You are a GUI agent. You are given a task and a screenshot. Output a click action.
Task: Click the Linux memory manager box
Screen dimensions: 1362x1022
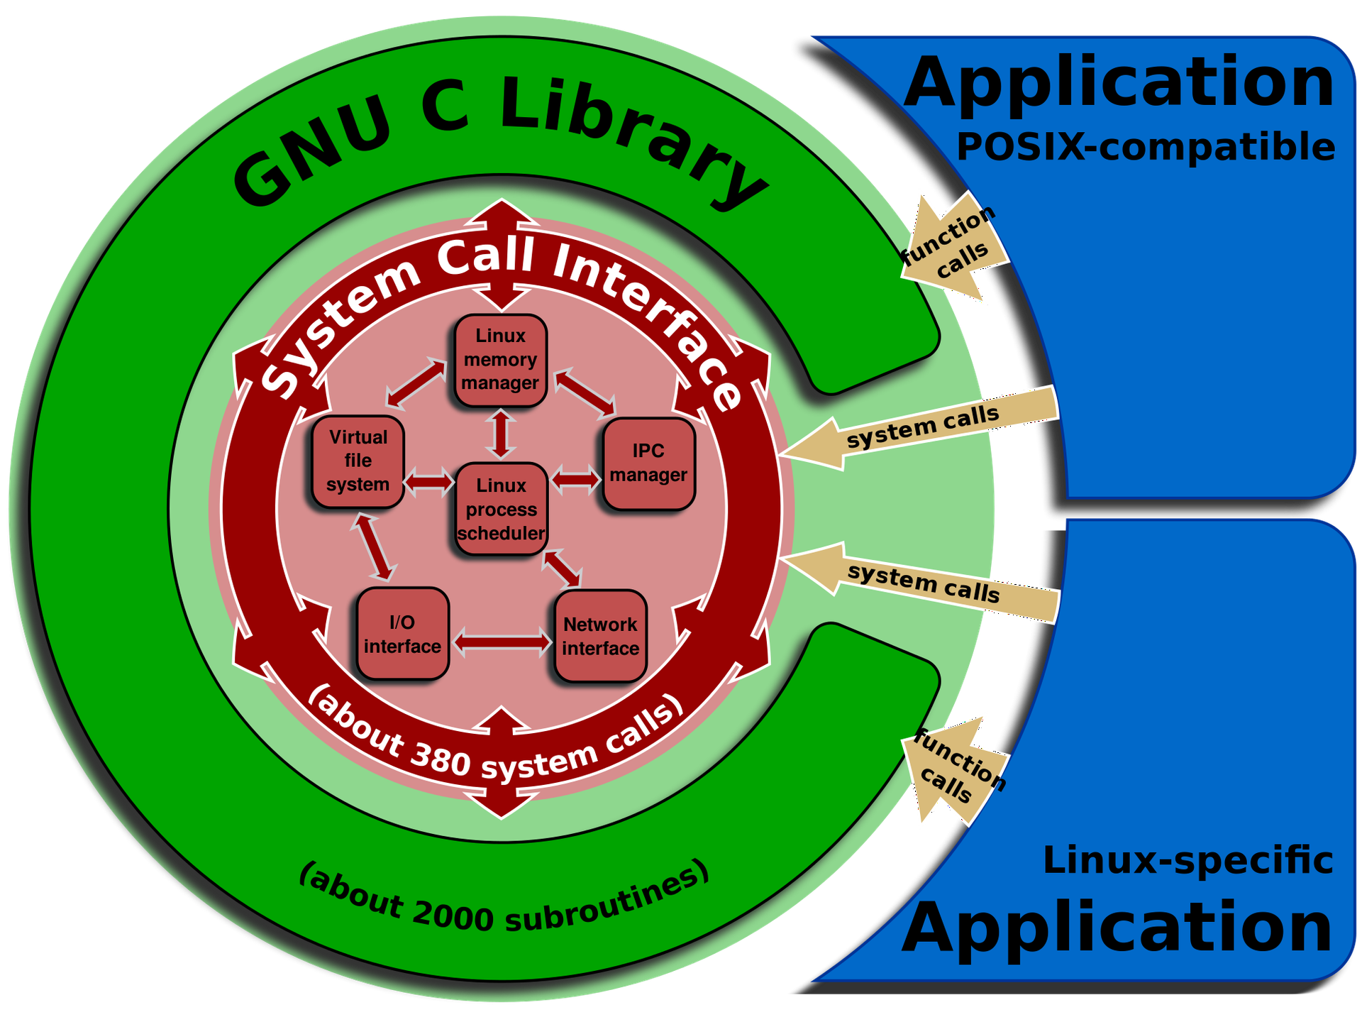point(500,360)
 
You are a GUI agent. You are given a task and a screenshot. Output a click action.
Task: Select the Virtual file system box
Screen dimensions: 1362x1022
point(358,461)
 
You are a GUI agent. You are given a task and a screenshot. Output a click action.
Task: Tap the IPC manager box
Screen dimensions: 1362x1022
point(648,463)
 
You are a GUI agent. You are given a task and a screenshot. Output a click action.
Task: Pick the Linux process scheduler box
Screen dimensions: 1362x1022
point(501,508)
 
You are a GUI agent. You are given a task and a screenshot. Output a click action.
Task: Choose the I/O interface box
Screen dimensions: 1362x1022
point(403,633)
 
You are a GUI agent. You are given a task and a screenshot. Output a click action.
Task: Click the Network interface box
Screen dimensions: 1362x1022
point(601,636)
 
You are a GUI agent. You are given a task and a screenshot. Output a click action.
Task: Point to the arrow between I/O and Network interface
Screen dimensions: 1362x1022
point(502,643)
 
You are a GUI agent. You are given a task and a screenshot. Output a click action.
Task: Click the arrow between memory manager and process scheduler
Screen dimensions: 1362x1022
point(502,434)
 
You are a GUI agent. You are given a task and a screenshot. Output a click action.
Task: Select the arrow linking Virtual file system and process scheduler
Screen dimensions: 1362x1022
point(429,483)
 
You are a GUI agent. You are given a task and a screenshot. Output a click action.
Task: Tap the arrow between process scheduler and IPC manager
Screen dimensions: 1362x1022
point(575,479)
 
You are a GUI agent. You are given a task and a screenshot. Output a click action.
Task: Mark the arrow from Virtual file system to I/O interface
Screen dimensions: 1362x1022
point(373,547)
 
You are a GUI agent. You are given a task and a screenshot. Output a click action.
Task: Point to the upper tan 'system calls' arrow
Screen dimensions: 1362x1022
point(919,429)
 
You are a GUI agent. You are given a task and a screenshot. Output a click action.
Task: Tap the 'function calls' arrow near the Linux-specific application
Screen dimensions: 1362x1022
point(955,771)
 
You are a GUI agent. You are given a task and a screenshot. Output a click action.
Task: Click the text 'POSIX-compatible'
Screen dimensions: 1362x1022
point(1146,148)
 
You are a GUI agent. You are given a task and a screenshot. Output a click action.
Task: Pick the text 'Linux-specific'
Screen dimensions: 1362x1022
point(1188,861)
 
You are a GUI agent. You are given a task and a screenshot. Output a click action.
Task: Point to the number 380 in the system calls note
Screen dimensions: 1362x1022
point(441,759)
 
